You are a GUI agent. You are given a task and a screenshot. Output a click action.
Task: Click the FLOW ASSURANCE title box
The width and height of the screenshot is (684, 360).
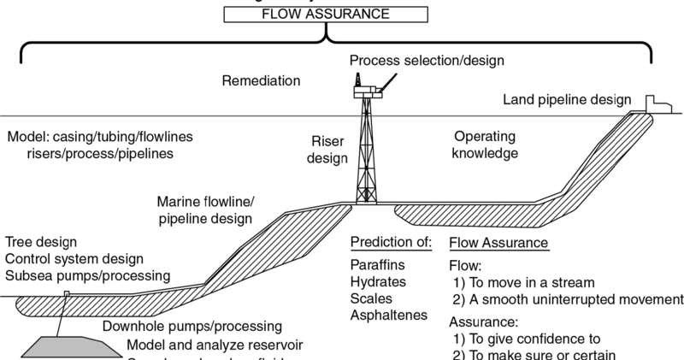point(327,15)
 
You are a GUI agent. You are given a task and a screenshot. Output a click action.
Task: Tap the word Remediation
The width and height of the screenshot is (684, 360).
point(261,81)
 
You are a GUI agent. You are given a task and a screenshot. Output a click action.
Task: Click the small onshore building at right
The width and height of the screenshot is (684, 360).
point(653,103)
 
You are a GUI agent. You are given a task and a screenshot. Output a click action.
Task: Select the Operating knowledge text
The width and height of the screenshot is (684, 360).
point(486,145)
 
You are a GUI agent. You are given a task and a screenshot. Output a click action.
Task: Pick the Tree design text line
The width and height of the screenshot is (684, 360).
point(40,242)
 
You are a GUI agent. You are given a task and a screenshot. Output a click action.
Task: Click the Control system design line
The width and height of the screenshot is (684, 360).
point(73,258)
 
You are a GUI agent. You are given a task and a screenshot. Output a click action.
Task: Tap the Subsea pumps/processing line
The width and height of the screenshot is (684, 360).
point(87,275)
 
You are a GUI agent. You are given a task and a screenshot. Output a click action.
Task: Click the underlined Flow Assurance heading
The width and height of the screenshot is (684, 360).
point(498,243)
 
